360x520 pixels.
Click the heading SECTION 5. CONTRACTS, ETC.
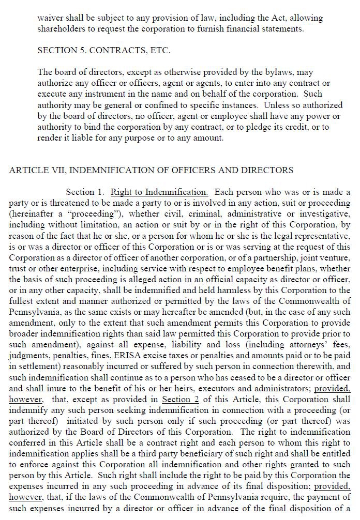click(103, 51)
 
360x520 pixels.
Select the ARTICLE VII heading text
click(151, 170)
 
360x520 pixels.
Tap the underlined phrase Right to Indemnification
click(159, 192)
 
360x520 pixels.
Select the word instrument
click(94, 94)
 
